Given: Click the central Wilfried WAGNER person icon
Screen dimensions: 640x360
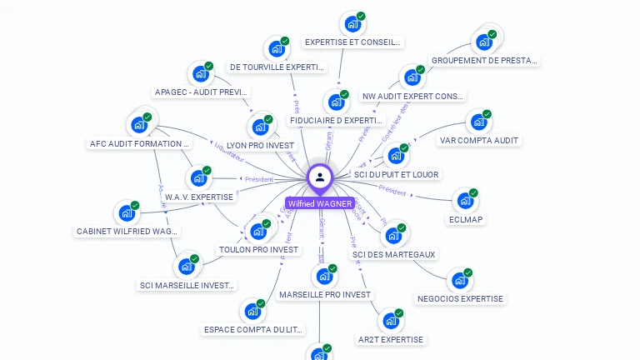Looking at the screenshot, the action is [x=320, y=177].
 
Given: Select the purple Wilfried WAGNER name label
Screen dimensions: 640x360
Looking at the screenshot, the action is [x=320, y=203].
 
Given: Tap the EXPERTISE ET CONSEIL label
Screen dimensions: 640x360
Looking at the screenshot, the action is [x=352, y=42].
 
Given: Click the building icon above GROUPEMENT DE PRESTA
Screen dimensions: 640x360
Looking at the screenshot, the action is [x=483, y=42].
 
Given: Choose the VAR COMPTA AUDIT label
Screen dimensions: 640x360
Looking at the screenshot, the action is [x=478, y=140].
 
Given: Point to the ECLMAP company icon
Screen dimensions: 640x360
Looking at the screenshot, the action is [x=464, y=201].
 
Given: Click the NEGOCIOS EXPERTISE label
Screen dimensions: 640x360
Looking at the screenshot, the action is [x=461, y=298].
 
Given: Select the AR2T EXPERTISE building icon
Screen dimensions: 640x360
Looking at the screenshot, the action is [x=390, y=321].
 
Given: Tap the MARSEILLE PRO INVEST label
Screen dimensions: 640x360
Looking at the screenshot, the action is [x=325, y=294].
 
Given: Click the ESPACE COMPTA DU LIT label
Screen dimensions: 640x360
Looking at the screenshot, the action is [x=253, y=329].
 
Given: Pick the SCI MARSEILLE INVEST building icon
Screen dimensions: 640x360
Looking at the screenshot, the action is [x=186, y=267].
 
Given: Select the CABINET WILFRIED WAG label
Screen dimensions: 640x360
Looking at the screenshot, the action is [x=127, y=231].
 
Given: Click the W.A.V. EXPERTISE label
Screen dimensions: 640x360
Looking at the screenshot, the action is [x=199, y=197].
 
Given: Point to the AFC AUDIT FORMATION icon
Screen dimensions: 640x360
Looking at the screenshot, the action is [x=139, y=126].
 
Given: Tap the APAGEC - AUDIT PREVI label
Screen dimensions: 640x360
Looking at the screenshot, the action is [x=201, y=92].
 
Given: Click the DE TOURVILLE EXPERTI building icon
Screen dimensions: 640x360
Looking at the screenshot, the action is [x=276, y=50].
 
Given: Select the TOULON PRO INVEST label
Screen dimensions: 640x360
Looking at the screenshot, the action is [x=257, y=249].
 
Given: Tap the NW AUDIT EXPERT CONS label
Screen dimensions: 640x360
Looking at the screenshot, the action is [x=412, y=96].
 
